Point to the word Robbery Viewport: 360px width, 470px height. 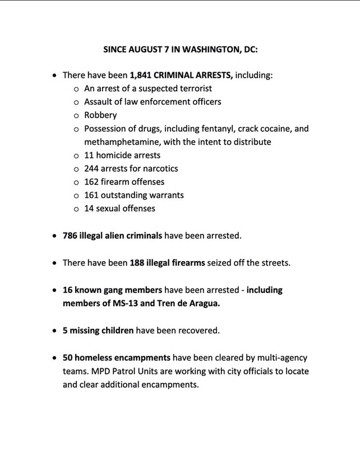[x=100, y=115]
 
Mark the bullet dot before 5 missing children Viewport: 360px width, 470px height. [x=54, y=331]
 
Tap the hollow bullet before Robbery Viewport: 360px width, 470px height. [x=76, y=116]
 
